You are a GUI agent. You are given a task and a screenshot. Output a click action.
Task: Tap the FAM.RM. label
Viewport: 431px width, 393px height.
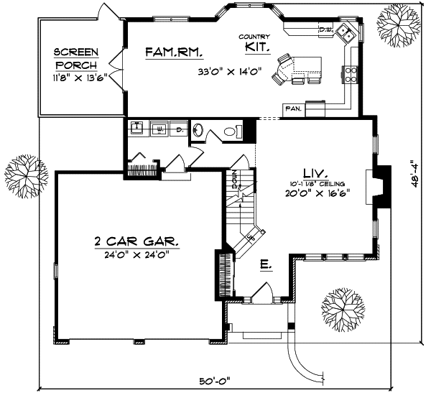pyautogui.click(x=174, y=52)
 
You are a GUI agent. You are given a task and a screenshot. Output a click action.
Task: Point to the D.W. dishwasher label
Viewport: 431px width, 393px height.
pyautogui.click(x=324, y=29)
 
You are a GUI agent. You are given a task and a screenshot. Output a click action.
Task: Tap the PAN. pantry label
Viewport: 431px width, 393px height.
pyautogui.click(x=292, y=108)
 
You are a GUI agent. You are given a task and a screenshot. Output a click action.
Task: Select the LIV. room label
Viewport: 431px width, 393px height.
pyautogui.click(x=315, y=172)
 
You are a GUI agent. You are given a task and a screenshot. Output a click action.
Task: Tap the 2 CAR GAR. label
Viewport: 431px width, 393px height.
pyautogui.click(x=136, y=241)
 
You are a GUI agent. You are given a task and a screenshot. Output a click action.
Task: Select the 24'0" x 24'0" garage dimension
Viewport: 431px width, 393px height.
pyautogui.click(x=136, y=253)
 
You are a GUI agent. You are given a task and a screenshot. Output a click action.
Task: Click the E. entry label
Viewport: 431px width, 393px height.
pyautogui.click(x=265, y=267)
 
